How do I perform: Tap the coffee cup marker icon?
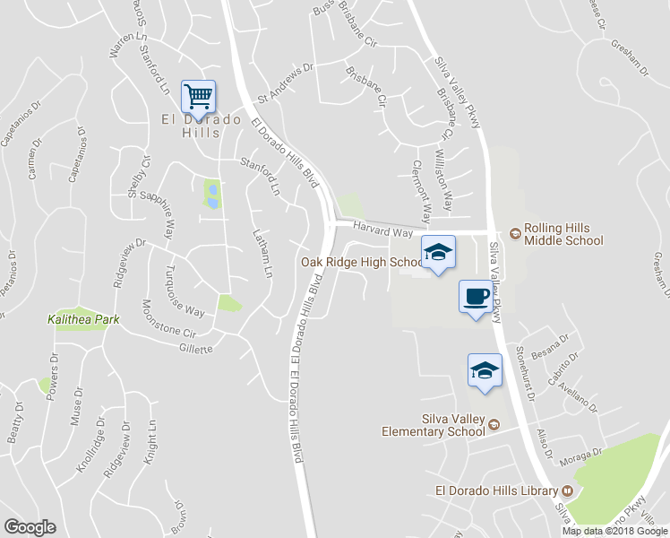(x=476, y=295)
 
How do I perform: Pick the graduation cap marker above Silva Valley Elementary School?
(x=485, y=369)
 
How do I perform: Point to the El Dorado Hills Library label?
(x=495, y=490)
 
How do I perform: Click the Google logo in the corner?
(x=30, y=527)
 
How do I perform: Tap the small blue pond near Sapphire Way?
(x=211, y=195)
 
